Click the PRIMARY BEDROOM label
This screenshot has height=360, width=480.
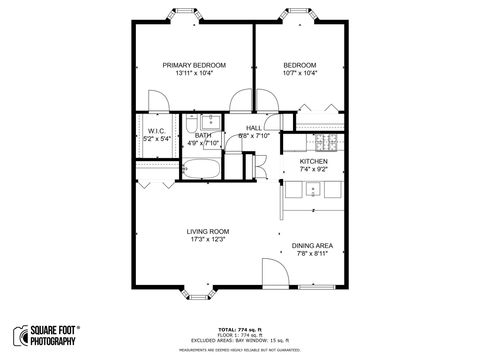point(194,65)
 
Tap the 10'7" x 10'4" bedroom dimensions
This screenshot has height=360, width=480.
point(299,73)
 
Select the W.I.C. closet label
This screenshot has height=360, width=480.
point(156,131)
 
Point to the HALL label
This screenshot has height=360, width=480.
point(254,128)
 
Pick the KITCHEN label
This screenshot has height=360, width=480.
point(314,160)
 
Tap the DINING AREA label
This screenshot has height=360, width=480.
point(312,245)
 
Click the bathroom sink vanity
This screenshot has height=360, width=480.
point(210,123)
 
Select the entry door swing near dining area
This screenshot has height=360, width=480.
point(272,272)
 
